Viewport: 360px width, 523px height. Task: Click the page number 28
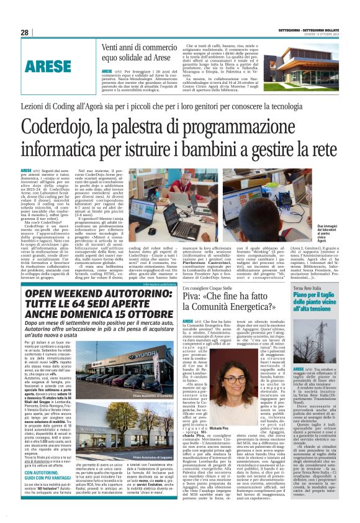(x=24, y=32)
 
